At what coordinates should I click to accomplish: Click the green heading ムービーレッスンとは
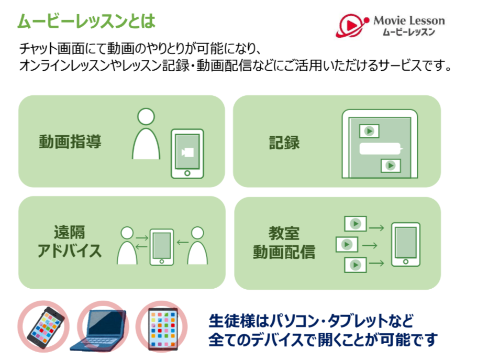[x=86, y=21]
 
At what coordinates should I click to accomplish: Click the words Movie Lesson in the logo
[x=409, y=21]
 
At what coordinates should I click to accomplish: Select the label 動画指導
[x=70, y=141]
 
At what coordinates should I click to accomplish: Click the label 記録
[x=284, y=143]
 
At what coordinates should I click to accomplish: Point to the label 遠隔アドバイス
[x=70, y=242]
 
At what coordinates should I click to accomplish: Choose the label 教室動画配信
[x=284, y=243]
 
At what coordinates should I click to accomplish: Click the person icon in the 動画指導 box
[x=146, y=134]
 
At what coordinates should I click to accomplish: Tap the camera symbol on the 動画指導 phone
[x=187, y=152]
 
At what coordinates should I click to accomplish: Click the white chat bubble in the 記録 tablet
[x=381, y=149]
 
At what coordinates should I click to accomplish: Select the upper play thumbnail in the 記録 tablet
[x=369, y=132]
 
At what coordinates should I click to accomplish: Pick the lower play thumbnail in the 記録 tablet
[x=391, y=166]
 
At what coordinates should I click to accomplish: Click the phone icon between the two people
[x=162, y=247]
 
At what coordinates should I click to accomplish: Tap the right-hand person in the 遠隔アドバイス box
[x=197, y=245]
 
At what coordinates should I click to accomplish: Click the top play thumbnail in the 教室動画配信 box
[x=356, y=224]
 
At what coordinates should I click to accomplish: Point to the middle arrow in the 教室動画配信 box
[x=370, y=245]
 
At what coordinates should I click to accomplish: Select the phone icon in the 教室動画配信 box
[x=405, y=245]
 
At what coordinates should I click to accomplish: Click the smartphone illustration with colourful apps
[x=46, y=328]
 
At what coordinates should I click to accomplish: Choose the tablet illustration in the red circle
[x=163, y=329]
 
